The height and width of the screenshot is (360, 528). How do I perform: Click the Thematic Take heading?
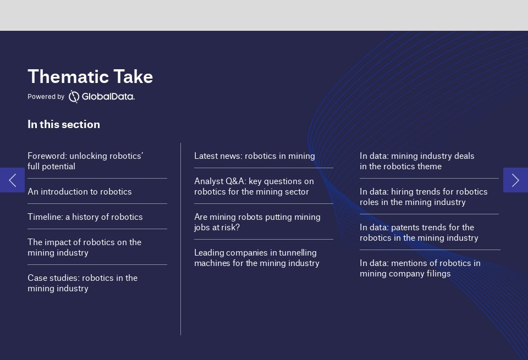click(x=90, y=77)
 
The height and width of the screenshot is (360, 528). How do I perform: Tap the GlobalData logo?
click(x=102, y=97)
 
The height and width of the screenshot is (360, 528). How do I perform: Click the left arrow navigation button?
click(x=12, y=180)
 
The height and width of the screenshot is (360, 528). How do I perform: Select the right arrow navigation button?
click(x=515, y=180)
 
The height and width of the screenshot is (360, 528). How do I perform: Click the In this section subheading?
click(x=64, y=124)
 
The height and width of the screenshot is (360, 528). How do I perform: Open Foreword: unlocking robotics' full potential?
click(x=85, y=161)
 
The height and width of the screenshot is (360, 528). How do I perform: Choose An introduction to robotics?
click(x=80, y=192)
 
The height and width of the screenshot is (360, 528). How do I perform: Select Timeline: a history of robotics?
click(x=85, y=217)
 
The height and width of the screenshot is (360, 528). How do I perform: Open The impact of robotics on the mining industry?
click(x=84, y=247)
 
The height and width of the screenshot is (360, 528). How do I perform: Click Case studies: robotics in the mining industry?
click(x=82, y=283)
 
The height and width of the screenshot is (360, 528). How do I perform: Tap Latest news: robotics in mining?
click(x=255, y=156)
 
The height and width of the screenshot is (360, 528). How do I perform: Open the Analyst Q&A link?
click(x=254, y=186)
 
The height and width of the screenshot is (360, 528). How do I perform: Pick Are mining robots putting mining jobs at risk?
click(x=257, y=222)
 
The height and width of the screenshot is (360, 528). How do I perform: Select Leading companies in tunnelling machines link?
click(x=257, y=258)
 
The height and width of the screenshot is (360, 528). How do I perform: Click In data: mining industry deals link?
click(x=417, y=161)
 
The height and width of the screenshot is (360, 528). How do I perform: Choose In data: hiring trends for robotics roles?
click(x=424, y=197)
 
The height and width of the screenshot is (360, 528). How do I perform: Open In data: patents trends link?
click(x=419, y=232)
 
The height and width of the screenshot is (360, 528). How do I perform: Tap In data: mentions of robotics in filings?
click(x=420, y=268)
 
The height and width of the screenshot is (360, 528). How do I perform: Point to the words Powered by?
click(x=46, y=97)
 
